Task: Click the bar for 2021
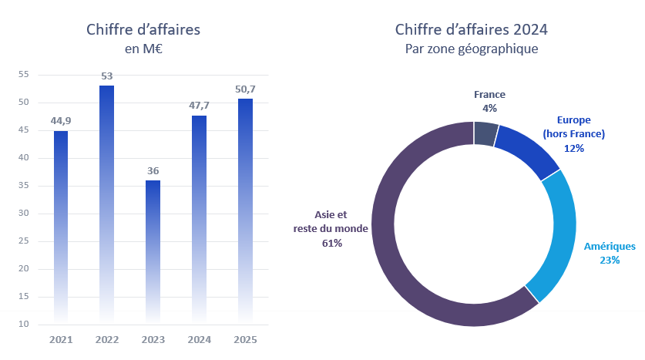[61, 224]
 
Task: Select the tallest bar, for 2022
[107, 200]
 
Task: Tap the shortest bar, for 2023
[153, 247]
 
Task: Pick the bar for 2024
[199, 216]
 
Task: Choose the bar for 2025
[245, 208]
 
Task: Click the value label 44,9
[61, 120]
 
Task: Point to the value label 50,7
[245, 89]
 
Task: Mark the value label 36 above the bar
[153, 170]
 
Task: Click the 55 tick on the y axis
[23, 75]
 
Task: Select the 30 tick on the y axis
[23, 214]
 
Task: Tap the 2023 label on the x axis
[153, 339]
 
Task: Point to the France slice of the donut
[485, 133]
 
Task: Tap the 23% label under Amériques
[610, 260]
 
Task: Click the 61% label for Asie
[332, 243]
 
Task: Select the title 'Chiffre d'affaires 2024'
[472, 30]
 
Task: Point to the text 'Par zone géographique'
[472, 49]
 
